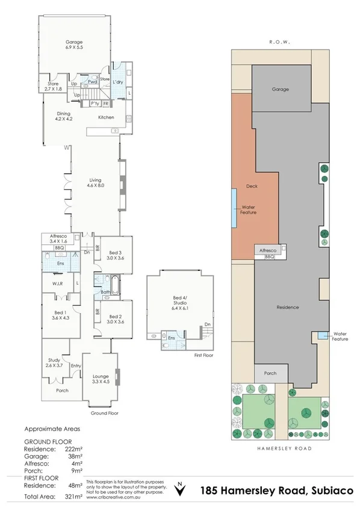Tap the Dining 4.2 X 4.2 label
[64, 116]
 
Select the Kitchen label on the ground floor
[107, 117]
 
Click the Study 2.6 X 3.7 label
[54, 362]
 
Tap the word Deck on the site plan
[252, 186]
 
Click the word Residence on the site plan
[288, 307]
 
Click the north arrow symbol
[180, 488]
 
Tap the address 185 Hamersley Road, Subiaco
[276, 491]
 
